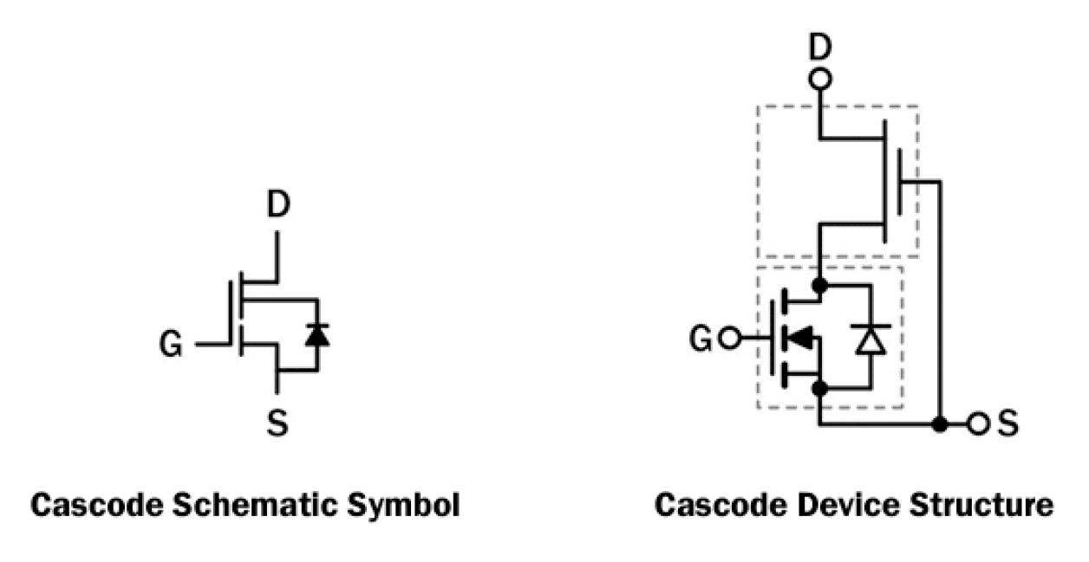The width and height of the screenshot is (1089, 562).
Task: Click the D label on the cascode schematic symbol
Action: (277, 206)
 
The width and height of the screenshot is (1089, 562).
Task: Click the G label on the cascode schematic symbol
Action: (171, 346)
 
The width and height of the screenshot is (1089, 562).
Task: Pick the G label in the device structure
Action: (701, 339)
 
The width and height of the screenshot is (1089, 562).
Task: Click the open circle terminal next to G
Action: (729, 339)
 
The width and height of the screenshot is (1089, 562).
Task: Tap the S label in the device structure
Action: (1007, 425)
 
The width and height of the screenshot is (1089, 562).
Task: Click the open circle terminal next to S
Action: (978, 425)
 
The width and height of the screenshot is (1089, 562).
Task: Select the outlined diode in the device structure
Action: (868, 339)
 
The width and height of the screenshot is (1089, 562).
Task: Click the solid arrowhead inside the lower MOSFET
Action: (803, 339)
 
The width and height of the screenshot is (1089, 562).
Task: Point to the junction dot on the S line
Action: (939, 425)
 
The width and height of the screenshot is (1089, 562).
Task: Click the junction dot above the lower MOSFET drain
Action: (819, 285)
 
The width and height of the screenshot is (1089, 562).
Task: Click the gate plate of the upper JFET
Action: (899, 182)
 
